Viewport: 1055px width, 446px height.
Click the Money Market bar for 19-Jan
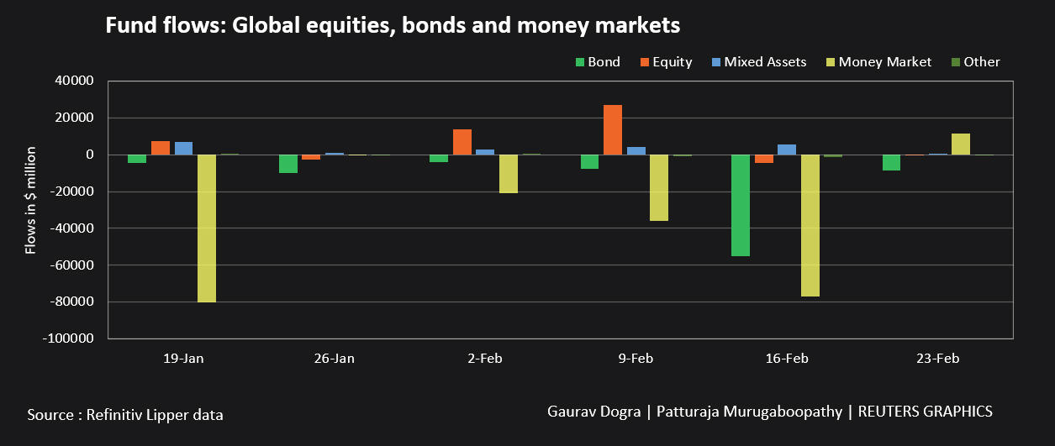pyautogui.click(x=207, y=228)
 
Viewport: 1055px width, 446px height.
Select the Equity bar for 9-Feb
pyautogui.click(x=613, y=129)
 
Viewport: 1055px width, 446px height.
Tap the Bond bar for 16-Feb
pyautogui.click(x=741, y=205)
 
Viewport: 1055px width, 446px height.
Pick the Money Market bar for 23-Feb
pyautogui.click(x=961, y=144)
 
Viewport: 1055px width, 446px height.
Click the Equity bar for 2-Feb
pyautogui.click(x=462, y=142)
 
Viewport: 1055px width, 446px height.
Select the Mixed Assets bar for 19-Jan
pyautogui.click(x=183, y=148)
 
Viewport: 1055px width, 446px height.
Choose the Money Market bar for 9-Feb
pyautogui.click(x=659, y=187)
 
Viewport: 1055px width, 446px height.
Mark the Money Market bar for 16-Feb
pyautogui.click(x=810, y=225)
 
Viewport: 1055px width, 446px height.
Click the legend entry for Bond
pyautogui.click(x=598, y=61)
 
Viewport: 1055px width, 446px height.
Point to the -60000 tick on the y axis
pyautogui.click(x=76, y=265)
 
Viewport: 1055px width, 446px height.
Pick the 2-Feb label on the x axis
pyautogui.click(x=485, y=359)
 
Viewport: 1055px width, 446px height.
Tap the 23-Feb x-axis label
pyautogui.click(x=937, y=359)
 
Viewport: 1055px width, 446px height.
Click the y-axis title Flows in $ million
pyautogui.click(x=30, y=199)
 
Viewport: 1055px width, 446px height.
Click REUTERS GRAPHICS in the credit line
pyautogui.click(x=927, y=412)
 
